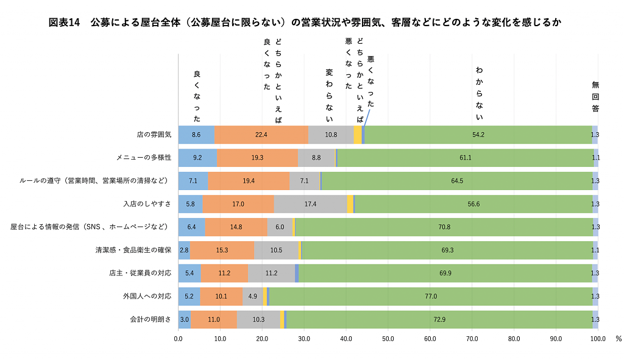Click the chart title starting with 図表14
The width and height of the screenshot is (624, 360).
click(305, 23)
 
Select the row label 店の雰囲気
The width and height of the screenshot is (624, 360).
click(155, 135)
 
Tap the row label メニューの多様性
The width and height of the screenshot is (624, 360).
click(144, 158)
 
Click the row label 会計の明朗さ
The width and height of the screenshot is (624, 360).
click(151, 319)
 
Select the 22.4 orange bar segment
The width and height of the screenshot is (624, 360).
click(261, 135)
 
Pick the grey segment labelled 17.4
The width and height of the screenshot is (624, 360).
click(310, 204)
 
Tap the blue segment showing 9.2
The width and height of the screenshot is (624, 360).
click(197, 158)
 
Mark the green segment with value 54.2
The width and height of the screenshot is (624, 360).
click(478, 135)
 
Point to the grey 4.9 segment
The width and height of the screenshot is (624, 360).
click(252, 296)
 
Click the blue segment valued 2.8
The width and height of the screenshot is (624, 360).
click(184, 250)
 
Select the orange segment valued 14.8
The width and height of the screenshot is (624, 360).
click(236, 227)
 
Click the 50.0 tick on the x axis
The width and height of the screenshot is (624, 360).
click(388, 338)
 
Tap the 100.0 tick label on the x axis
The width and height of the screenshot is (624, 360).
click(597, 338)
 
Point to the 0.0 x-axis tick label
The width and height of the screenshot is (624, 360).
click(179, 338)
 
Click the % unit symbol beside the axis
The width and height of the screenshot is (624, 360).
click(618, 338)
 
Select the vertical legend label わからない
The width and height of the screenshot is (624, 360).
click(479, 94)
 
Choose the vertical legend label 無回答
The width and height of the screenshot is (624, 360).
click(595, 97)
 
